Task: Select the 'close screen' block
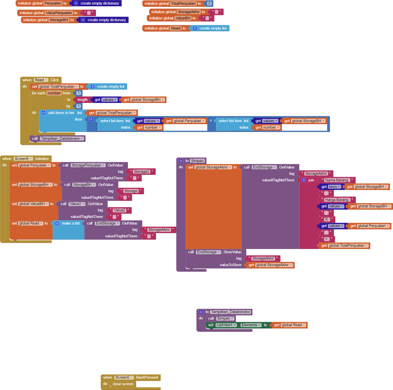click(x=123, y=384)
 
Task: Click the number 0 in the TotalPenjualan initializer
click(x=209, y=4)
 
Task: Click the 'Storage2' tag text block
click(x=142, y=172)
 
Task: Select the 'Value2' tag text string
click(x=120, y=210)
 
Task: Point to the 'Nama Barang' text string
click(x=337, y=180)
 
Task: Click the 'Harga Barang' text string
click(x=337, y=200)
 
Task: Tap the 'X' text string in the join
click(x=327, y=219)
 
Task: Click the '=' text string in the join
click(x=327, y=239)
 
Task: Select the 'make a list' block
click(x=71, y=223)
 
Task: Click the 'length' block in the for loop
click(x=83, y=100)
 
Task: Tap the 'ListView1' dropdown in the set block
click(x=227, y=325)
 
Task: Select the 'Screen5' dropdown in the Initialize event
click(x=23, y=159)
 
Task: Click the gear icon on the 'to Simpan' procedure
click(x=181, y=161)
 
